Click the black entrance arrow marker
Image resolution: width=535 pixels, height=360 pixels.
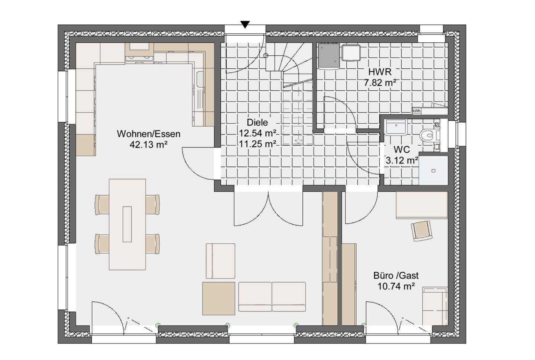[245, 25]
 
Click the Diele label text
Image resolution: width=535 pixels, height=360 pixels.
[257, 123]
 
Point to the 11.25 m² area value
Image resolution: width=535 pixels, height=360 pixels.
[258, 144]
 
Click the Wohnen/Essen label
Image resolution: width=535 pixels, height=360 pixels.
[149, 134]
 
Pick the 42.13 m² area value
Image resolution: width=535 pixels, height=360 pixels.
[148, 145]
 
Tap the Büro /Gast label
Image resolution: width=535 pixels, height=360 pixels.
[396, 276]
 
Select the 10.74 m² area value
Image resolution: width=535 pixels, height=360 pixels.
[396, 286]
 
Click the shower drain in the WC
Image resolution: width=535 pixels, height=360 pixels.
[434, 171]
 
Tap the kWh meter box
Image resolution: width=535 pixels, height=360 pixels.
[416, 111]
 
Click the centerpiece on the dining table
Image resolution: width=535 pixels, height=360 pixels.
[127, 224]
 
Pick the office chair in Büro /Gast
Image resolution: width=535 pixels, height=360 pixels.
[422, 230]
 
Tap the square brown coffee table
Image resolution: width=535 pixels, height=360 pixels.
[219, 298]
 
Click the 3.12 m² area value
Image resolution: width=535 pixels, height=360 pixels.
[402, 160]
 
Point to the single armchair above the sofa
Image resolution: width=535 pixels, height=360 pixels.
[220, 261]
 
